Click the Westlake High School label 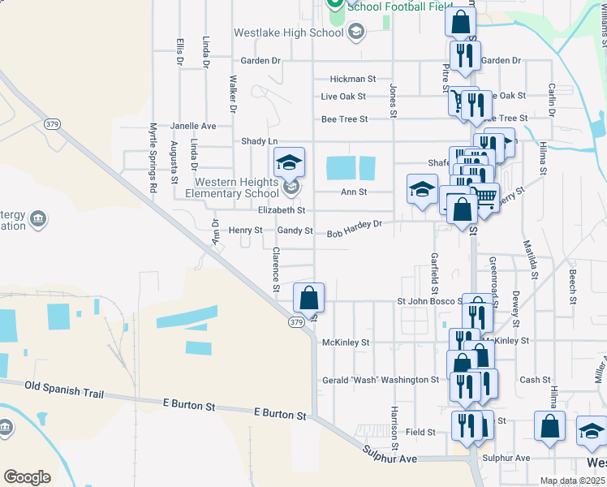288,33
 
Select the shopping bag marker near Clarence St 309,298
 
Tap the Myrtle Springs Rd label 153,157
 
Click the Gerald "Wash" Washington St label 381,380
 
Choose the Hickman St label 353,80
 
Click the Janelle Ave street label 193,127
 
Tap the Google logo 27,477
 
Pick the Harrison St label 394,428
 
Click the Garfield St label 435,273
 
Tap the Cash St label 536,380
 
